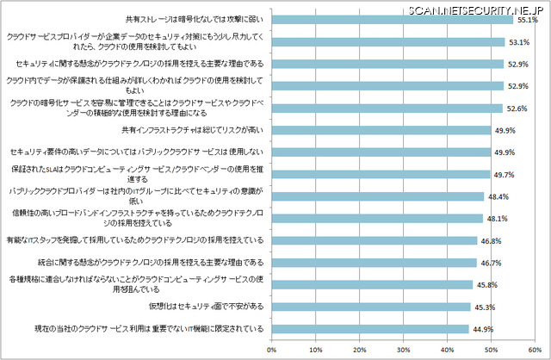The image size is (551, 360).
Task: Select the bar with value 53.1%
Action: tap(387, 41)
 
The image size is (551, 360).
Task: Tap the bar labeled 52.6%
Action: tap(387, 109)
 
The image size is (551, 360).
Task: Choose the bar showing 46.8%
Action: tap(374, 241)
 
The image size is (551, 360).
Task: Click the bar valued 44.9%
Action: tap(370, 328)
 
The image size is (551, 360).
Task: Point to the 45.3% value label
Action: tap(483, 307)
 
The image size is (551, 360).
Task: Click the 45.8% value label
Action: tap(485, 284)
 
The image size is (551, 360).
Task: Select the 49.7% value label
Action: tap(503, 175)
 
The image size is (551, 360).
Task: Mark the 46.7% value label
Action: tap(491, 263)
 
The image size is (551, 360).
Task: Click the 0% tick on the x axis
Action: tap(272, 350)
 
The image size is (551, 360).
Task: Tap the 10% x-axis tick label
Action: tap(316, 350)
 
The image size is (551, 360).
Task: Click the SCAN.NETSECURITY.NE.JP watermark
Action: tap(470, 7)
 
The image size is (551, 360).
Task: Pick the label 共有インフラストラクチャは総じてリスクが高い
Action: tap(191, 130)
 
